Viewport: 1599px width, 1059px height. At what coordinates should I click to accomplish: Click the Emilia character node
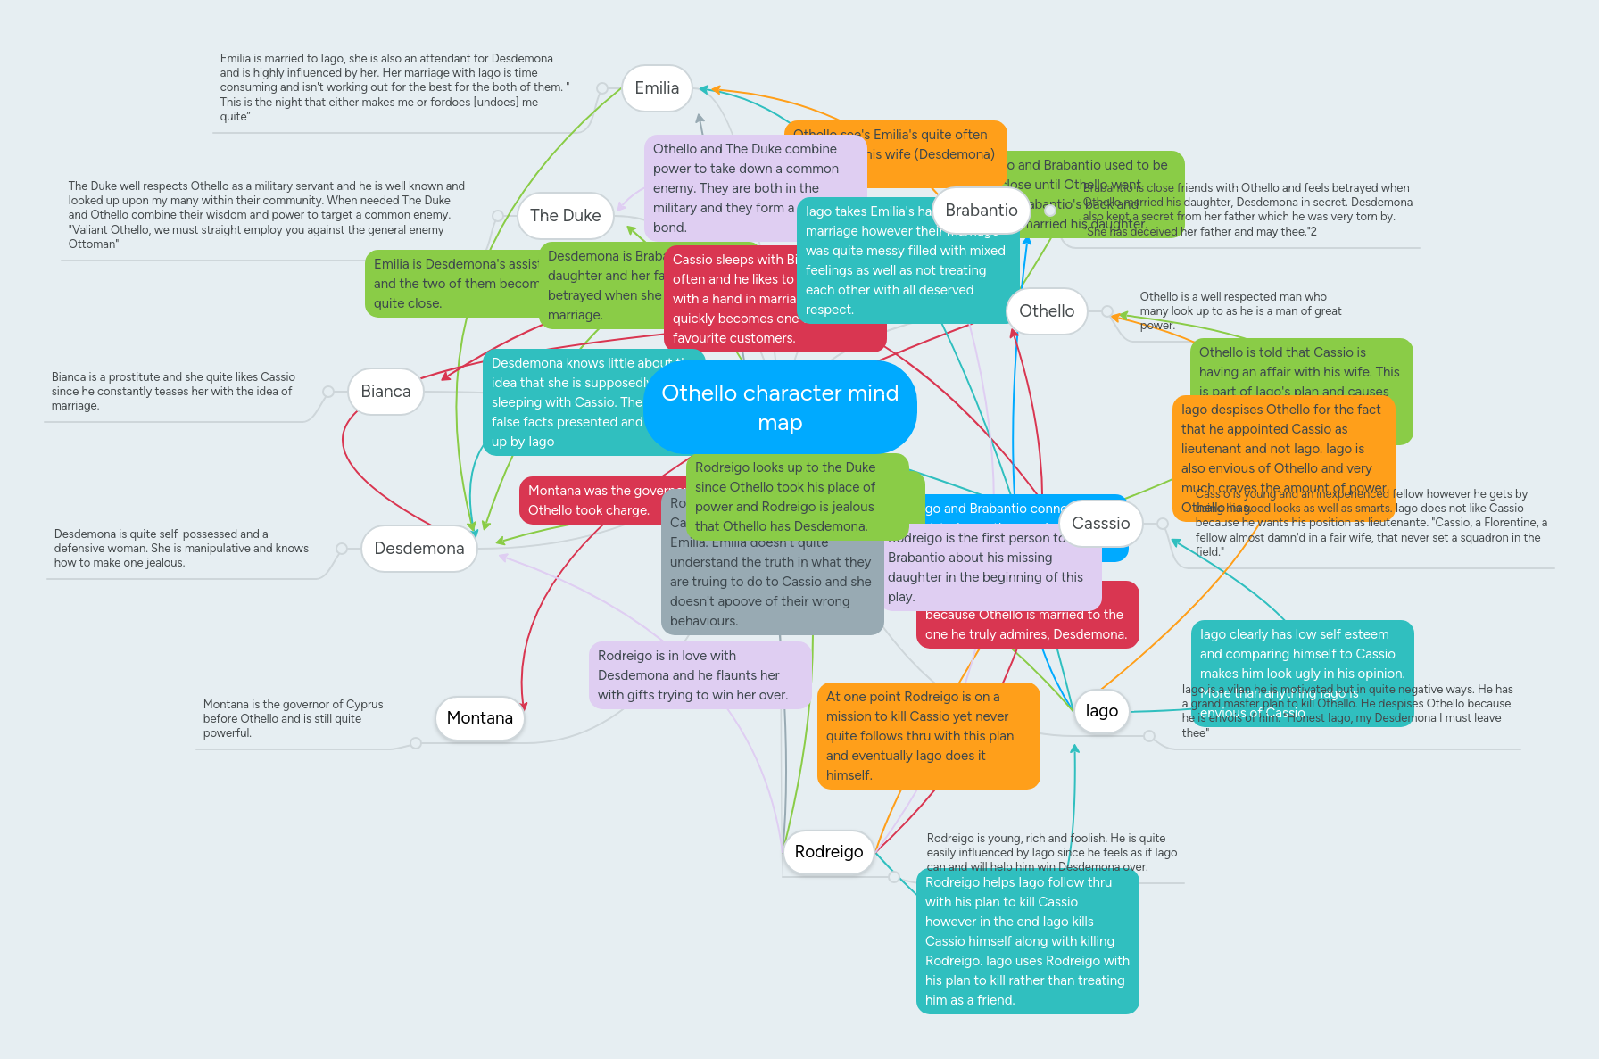(657, 88)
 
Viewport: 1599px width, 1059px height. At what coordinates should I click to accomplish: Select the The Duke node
(565, 216)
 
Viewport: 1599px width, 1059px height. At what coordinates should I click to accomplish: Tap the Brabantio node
(981, 211)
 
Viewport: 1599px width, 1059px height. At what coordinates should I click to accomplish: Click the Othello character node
(1046, 311)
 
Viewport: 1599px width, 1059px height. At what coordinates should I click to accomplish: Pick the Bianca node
(385, 392)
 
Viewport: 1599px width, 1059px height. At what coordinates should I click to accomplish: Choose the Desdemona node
(418, 549)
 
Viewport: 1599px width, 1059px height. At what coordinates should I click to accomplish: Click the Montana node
(479, 718)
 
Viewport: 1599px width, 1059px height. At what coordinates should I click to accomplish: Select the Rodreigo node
(828, 852)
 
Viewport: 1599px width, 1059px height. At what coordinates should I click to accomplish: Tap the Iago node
(1101, 711)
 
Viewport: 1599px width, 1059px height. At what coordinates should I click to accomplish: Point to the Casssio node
(1100, 524)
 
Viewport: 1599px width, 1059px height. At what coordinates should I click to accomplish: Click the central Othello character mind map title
(780, 407)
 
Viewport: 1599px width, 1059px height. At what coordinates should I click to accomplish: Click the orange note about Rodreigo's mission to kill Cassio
(928, 736)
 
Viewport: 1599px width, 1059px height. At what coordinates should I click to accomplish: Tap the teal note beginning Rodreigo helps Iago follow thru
(1027, 941)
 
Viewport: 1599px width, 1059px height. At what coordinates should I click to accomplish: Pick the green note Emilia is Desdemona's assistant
(453, 284)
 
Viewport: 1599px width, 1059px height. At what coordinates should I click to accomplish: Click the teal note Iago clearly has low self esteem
(1301, 653)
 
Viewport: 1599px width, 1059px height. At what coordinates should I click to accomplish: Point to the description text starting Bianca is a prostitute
(173, 392)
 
